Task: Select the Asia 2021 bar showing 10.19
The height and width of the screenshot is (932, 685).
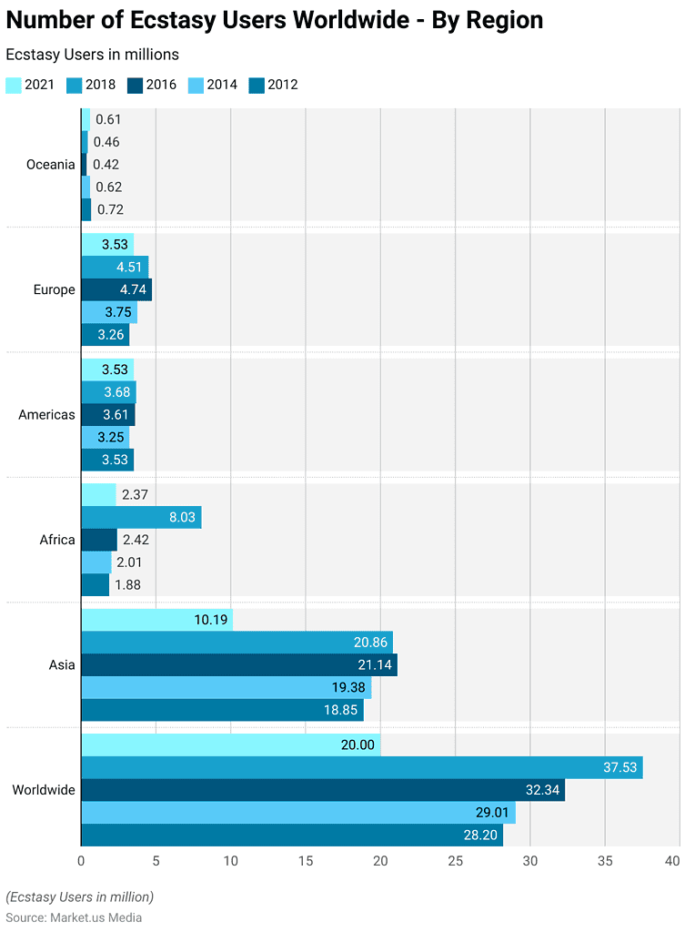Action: (157, 620)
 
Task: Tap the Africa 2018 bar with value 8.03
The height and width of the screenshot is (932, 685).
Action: (141, 517)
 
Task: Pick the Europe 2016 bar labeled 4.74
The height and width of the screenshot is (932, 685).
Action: (116, 289)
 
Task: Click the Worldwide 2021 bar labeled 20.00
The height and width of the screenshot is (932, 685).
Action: (231, 745)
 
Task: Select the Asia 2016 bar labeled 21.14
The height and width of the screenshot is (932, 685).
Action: (239, 664)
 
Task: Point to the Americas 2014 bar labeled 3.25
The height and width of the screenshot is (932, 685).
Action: (106, 437)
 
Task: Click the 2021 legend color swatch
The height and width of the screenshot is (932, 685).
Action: (14, 85)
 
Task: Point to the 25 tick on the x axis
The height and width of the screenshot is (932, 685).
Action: (456, 861)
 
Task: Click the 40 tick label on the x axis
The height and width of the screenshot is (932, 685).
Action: (672, 861)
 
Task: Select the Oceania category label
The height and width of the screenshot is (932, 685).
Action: (51, 165)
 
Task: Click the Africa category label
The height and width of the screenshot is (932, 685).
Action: (57, 540)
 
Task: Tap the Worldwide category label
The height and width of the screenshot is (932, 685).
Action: (44, 790)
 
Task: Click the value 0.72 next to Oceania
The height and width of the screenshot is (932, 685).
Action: (110, 209)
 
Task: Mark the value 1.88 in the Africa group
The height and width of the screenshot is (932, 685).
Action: (128, 585)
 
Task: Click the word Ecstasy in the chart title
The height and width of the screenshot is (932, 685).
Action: (180, 21)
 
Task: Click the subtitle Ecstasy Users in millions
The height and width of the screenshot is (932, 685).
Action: (93, 55)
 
